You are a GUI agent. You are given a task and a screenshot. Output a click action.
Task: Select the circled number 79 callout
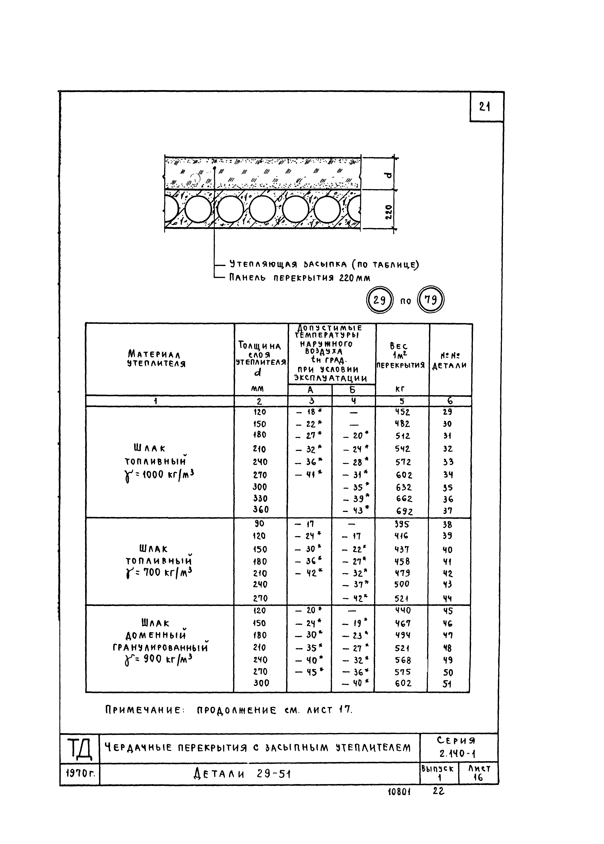click(431, 300)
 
